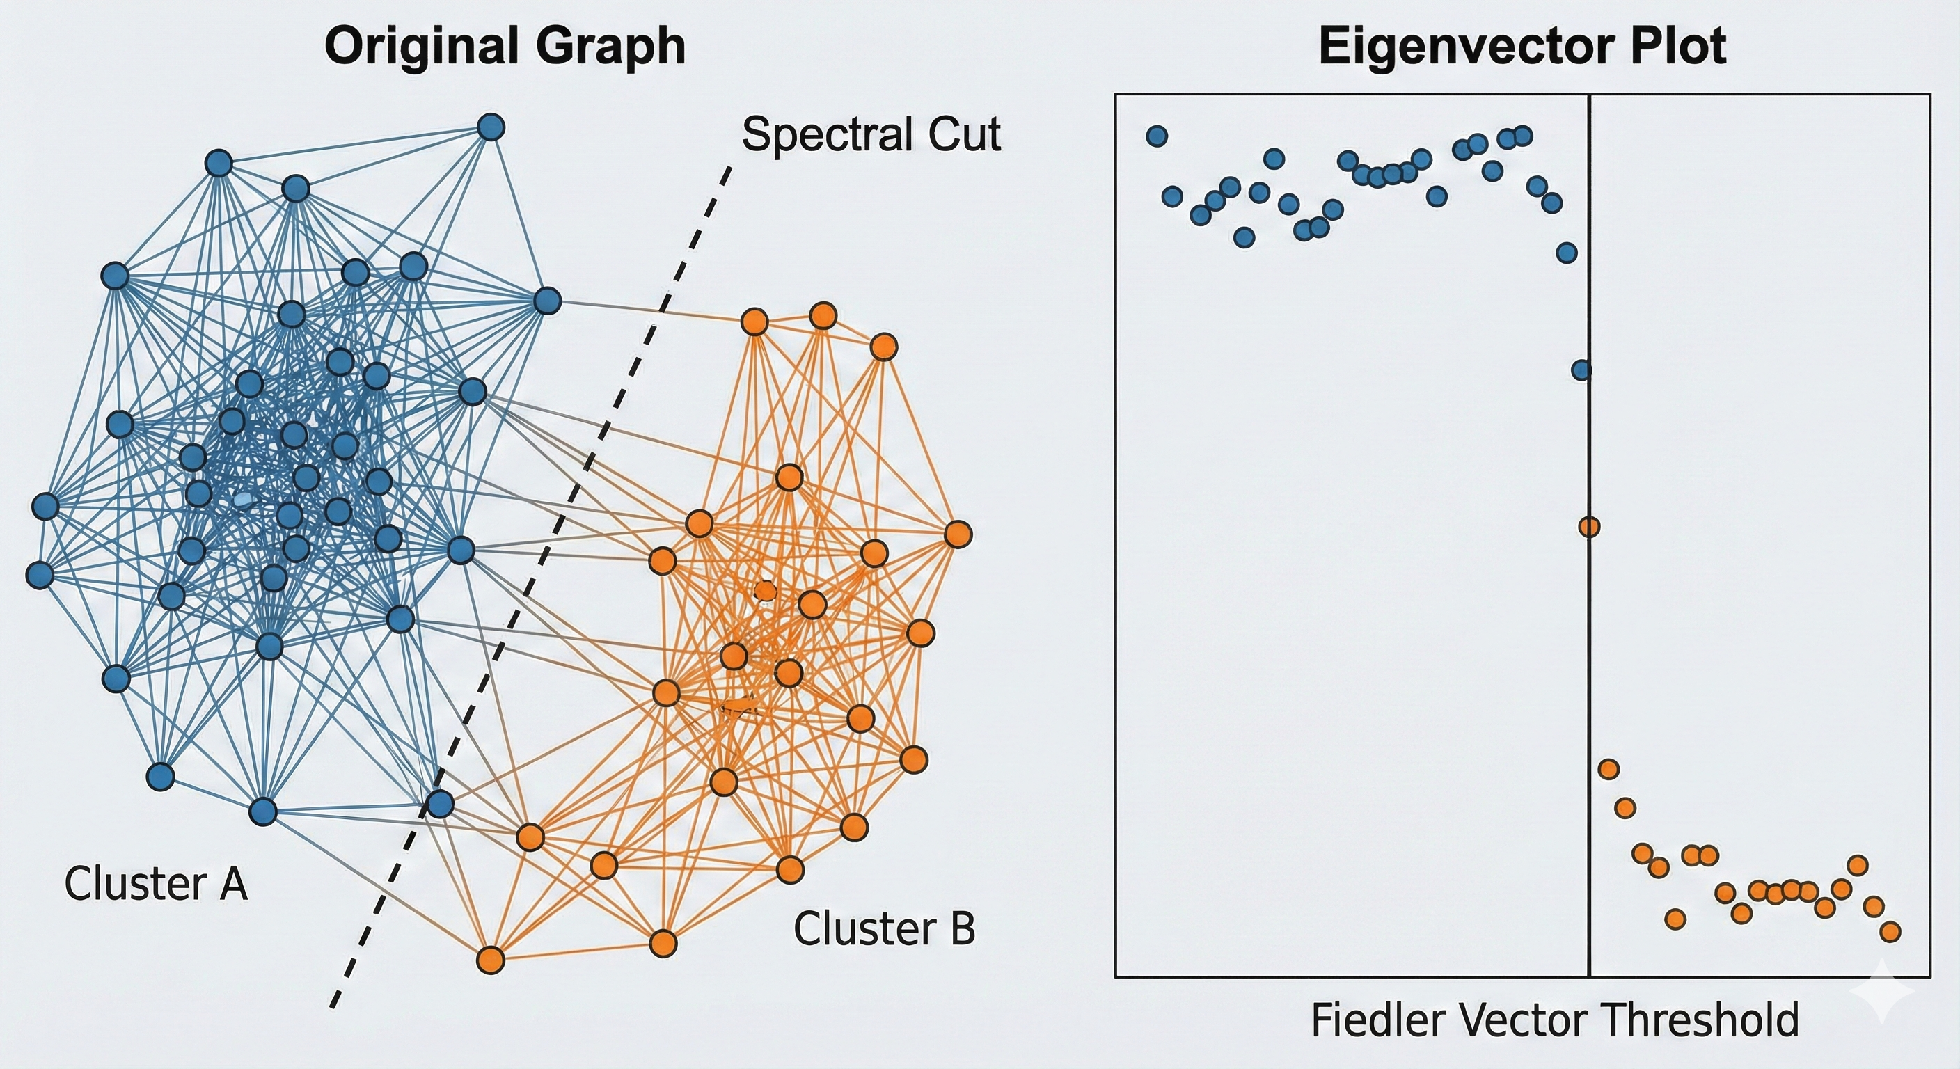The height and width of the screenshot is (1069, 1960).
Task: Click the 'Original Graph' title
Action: click(x=505, y=47)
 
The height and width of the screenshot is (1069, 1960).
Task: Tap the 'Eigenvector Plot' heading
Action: click(x=1522, y=47)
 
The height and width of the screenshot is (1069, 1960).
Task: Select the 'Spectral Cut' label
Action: click(x=871, y=136)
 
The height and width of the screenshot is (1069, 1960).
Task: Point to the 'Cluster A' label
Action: click(x=156, y=884)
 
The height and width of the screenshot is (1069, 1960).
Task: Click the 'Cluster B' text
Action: click(x=884, y=929)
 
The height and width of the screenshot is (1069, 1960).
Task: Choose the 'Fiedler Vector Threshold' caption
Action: click(x=1554, y=1020)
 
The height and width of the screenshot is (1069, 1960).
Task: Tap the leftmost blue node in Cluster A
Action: click(x=40, y=574)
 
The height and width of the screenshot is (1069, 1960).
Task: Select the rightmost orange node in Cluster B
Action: click(x=958, y=535)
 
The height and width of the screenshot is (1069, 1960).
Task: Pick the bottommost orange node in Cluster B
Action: click(x=491, y=960)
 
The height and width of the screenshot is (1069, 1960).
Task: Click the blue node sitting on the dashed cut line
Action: click(x=439, y=803)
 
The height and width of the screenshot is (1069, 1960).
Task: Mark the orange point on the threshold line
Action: click(x=1589, y=527)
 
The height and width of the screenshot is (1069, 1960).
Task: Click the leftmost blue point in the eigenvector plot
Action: click(x=1157, y=136)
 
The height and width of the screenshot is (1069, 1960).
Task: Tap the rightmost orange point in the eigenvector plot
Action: click(x=1890, y=931)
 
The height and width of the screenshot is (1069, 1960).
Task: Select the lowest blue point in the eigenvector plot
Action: click(x=1581, y=370)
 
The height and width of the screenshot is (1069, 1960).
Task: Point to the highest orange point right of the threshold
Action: click(x=1608, y=769)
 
